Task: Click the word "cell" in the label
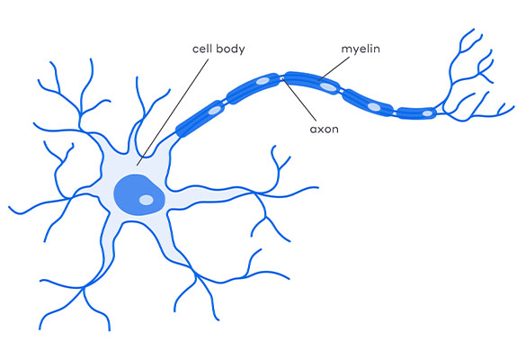[x=202, y=49]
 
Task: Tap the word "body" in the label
[x=230, y=49]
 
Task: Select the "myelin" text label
[x=361, y=49]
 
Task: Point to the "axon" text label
[x=324, y=130]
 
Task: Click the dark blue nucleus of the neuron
[x=138, y=194]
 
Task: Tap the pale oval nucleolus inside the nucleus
[x=147, y=200]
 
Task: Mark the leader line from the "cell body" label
[x=173, y=112]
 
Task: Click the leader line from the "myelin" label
[x=334, y=68]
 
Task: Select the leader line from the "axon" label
[x=299, y=99]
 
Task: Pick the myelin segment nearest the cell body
[x=201, y=119]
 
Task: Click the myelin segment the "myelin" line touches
[x=313, y=82]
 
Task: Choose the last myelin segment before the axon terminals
[x=417, y=113]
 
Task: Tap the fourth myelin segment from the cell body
[x=368, y=103]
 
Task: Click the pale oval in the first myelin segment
[x=215, y=110]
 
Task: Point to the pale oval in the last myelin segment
[x=427, y=113]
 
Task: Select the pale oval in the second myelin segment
[x=263, y=81]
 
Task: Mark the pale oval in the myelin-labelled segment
[x=328, y=86]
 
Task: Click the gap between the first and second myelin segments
[x=226, y=101]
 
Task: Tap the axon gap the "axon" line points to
[x=281, y=77]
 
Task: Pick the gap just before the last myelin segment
[x=395, y=113]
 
